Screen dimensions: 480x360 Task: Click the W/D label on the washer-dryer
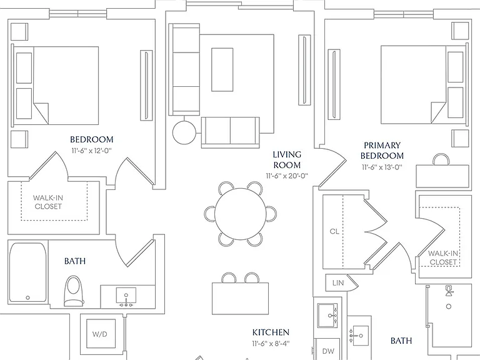click(100, 334)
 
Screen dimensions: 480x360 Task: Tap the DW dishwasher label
click(328, 351)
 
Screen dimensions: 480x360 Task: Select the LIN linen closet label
click(338, 283)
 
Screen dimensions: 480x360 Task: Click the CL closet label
click(334, 231)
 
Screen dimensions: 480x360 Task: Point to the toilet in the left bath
click(74, 291)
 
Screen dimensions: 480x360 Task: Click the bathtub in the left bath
click(28, 272)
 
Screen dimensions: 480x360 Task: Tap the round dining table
click(240, 214)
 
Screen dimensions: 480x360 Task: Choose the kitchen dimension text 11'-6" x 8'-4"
click(271, 344)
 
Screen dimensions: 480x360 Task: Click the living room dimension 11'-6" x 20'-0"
click(287, 176)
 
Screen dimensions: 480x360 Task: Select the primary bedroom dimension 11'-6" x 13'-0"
click(382, 167)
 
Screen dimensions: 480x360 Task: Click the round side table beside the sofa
click(184, 132)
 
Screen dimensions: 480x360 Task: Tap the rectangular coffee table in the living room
click(222, 69)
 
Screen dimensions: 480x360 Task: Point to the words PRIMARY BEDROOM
click(382, 150)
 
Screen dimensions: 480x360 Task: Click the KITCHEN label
click(271, 332)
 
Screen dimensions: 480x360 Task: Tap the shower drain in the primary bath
click(449, 306)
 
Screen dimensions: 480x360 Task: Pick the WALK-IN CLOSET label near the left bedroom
click(48, 202)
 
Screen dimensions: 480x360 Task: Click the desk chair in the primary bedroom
click(441, 159)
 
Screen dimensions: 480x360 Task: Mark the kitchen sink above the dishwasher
click(327, 315)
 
